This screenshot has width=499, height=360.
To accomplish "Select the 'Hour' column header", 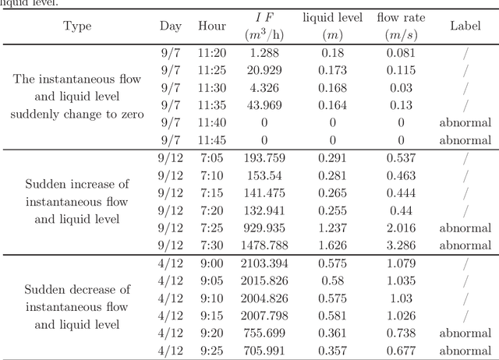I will (212, 26).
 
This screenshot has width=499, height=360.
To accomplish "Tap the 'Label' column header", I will (465, 26).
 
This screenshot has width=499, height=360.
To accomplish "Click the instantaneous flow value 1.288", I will (264, 52).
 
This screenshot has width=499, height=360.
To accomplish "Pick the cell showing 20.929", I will (264, 70).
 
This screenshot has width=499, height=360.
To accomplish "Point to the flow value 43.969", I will (264, 105).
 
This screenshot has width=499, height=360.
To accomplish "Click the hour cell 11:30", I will (212, 88).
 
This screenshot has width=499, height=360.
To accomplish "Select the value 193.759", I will (264, 158).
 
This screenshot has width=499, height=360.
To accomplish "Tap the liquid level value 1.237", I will (332, 228).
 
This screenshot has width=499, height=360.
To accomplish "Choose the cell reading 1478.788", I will (264, 245).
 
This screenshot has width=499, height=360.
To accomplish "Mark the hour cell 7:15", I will (212, 193).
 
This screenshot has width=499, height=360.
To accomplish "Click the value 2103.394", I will (264, 263).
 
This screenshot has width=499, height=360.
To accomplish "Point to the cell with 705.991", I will (264, 351).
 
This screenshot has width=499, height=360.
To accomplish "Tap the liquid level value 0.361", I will (332, 334).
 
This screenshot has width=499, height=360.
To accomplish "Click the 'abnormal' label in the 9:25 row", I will (465, 351).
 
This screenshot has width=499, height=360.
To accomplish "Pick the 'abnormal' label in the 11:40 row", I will (465, 123).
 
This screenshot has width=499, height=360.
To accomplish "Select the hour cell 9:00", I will (212, 263).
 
